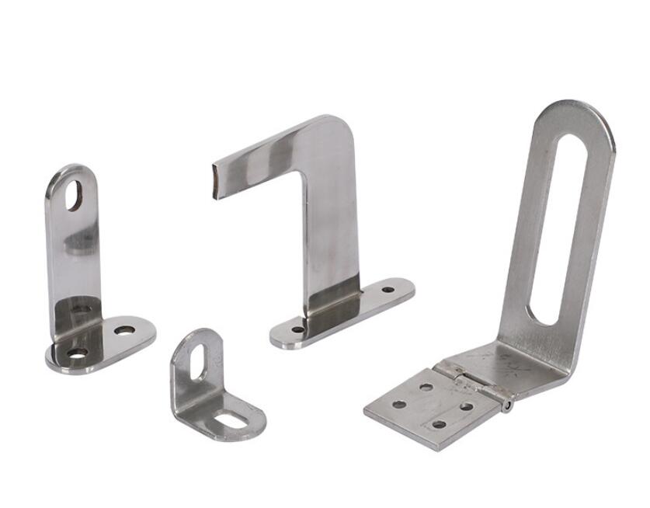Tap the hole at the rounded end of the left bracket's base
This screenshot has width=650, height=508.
pyautogui.click(x=124, y=330)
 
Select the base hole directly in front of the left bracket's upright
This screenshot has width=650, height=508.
pyautogui.click(x=77, y=353)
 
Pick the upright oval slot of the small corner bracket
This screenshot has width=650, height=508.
pyautogui.click(x=200, y=363)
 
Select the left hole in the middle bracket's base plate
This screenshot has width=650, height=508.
pyautogui.click(x=297, y=329)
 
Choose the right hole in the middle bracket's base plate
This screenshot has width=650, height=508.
pyautogui.click(x=388, y=290)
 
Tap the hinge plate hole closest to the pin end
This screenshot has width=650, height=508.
pyautogui.click(x=467, y=405)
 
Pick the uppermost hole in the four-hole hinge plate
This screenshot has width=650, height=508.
pyautogui.click(x=426, y=386)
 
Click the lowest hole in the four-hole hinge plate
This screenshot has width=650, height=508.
pyautogui.click(x=440, y=424)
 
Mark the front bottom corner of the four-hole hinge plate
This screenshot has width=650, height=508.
pyautogui.click(x=438, y=447)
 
